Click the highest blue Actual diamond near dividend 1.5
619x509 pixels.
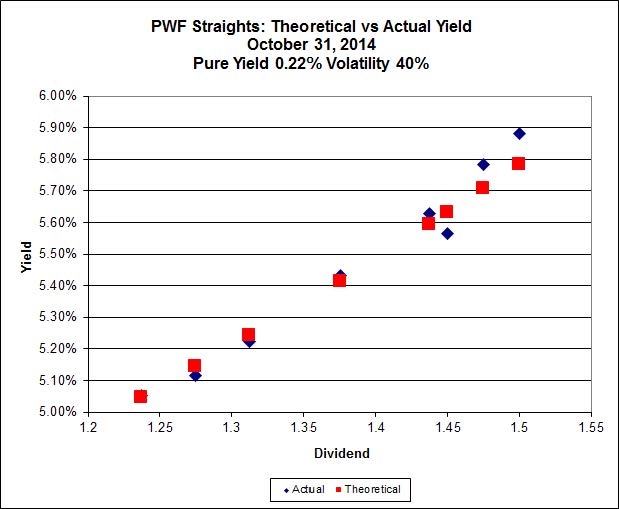pos(519,133)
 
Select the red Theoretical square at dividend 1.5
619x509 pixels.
pos(518,163)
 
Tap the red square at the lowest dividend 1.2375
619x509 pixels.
pos(140,396)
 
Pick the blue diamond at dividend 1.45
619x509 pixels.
pos(447,233)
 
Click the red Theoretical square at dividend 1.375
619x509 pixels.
pos(339,280)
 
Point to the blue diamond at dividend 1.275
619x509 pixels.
pos(195,375)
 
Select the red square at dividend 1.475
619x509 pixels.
pos(482,187)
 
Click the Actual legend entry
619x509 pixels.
pos(304,489)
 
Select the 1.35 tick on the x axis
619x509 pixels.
pos(303,428)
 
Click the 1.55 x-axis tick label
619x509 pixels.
pos(590,428)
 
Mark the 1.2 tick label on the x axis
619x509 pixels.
pos(89,428)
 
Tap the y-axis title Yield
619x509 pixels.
pos(26,255)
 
